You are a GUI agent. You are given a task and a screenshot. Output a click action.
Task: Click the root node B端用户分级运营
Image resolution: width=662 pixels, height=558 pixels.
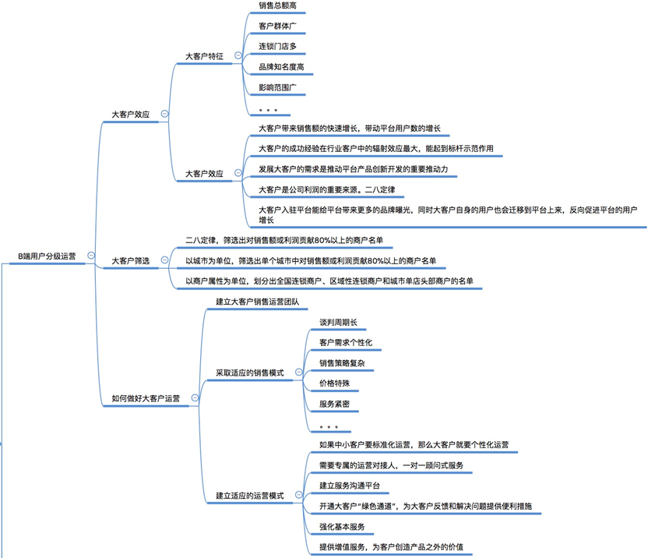(x=47, y=256)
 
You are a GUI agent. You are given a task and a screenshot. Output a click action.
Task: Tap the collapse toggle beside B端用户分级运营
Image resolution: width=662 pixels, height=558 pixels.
(x=92, y=255)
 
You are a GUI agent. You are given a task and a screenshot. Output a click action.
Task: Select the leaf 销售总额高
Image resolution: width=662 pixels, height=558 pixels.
(x=277, y=5)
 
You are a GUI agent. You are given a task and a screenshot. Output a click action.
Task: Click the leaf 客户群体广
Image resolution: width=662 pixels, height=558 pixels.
(x=277, y=26)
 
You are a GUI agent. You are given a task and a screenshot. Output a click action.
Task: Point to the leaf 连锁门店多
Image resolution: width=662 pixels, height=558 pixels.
(x=277, y=46)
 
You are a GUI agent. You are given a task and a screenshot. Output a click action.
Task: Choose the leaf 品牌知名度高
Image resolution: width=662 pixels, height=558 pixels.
(x=281, y=66)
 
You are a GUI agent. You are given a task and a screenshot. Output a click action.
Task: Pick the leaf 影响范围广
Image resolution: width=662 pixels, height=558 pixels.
(x=277, y=87)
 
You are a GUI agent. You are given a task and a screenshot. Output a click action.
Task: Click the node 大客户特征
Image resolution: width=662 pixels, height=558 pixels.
(x=204, y=56)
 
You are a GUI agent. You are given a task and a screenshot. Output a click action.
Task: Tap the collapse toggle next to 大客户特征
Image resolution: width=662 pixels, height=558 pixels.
(x=238, y=56)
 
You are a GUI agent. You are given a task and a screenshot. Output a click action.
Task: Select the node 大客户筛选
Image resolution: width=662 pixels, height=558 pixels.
(x=130, y=260)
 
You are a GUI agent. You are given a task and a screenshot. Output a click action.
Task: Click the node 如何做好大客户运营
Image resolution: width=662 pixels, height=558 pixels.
(x=146, y=397)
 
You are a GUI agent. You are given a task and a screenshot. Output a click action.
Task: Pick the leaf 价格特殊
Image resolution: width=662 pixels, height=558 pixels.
(x=334, y=383)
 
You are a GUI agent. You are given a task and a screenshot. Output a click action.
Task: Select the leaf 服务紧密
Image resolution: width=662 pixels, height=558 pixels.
(x=334, y=404)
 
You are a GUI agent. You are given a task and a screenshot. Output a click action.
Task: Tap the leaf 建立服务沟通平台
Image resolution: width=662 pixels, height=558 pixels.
(x=350, y=486)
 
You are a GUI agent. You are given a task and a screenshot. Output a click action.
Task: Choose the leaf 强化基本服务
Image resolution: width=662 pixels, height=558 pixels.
(x=342, y=527)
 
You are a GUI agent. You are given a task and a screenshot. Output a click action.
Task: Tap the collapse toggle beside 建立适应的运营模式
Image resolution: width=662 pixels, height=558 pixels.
(x=299, y=495)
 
